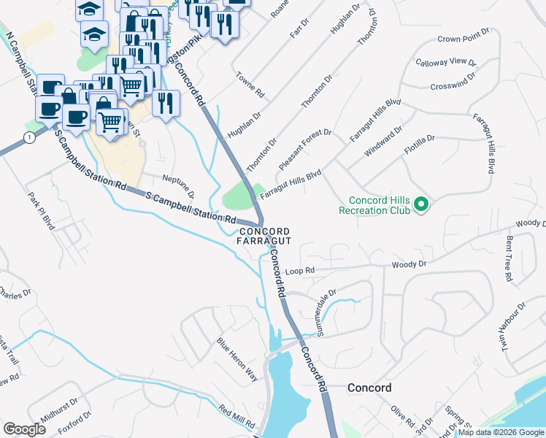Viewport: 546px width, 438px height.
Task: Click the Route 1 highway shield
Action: pos(28,137)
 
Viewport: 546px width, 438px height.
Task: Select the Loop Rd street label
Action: pos(299,270)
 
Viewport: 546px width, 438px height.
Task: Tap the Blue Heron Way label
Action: pos(237,360)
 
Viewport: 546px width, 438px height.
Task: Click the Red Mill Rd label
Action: pos(237,417)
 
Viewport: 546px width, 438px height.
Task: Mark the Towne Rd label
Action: pos(250,85)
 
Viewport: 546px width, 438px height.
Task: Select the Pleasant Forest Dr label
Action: pos(304,148)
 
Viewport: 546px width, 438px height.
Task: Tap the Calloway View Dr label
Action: pos(445,62)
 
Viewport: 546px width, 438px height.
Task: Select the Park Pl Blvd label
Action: pos(42,211)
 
